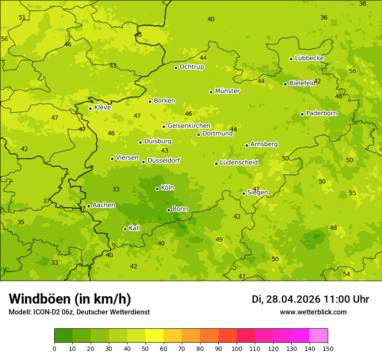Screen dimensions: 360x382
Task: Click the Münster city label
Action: coord(227,91)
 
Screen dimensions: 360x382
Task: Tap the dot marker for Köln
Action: coord(157,189)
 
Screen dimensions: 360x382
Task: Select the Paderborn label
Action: coord(321,113)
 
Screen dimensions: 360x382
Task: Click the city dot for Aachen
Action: coord(89,206)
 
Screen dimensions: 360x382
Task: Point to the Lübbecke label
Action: coord(309,58)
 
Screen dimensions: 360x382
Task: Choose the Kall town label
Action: coord(135,228)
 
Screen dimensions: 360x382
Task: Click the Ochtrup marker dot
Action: coord(176,68)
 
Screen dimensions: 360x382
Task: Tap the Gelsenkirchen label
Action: coord(189,126)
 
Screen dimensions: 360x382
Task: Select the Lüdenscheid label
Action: coord(239,163)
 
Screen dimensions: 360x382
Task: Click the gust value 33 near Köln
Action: coord(116,189)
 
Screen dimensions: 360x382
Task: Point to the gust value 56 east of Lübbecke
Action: coord(352,71)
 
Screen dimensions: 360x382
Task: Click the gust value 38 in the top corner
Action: coord(362,3)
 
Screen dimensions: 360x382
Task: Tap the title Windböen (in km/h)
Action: coord(70,299)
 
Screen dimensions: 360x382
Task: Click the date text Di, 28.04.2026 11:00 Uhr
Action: coord(310,299)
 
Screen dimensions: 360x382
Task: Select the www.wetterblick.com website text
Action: coord(313,312)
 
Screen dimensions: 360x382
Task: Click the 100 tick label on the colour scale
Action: coord(237,348)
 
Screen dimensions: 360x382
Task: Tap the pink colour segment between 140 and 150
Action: coord(319,336)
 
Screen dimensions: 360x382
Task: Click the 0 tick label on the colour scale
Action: coord(54,348)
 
